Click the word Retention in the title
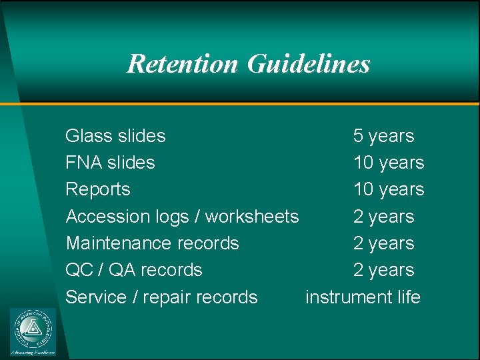182,64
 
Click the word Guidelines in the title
308,64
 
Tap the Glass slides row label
115,136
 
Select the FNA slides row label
110,163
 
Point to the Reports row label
97,189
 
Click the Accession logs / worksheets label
182,217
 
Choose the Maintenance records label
152,243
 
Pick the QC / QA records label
133,270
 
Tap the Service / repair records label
161,297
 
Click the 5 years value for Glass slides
383,136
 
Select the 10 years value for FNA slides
389,163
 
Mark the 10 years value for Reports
389,189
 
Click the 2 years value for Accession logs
383,217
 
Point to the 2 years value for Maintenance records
383,243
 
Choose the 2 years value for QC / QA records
383,270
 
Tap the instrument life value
363,297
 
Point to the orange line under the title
240,104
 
